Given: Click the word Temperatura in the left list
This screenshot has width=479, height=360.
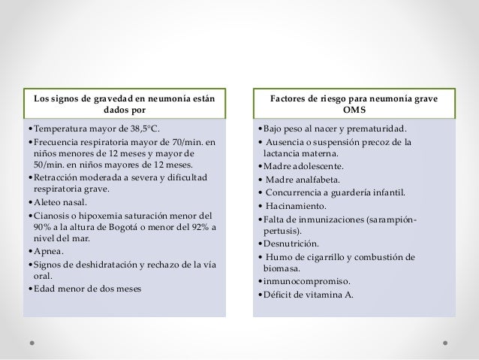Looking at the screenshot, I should click(60, 127).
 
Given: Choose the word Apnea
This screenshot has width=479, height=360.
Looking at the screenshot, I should click(50, 250).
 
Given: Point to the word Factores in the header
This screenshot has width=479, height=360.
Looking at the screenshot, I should click(291, 98).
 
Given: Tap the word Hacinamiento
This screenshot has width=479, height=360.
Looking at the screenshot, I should click(296, 204).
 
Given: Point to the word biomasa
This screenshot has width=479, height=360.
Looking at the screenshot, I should click(282, 268).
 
